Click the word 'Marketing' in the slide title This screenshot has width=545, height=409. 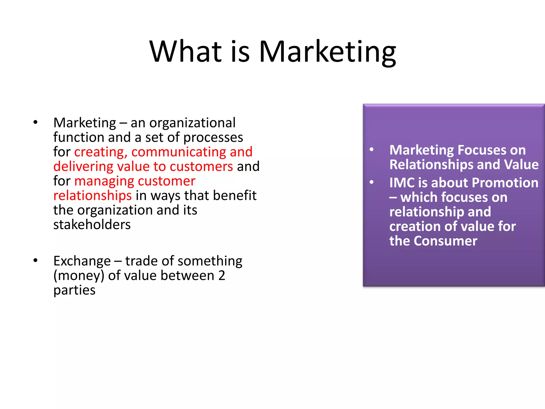coord(327,52)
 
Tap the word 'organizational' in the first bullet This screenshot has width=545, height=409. coord(192,123)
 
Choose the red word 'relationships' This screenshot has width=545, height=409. coord(92,196)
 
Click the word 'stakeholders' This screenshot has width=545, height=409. coord(92,225)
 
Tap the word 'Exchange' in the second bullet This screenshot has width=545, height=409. coord(82,261)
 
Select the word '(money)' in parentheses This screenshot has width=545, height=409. coord(79,276)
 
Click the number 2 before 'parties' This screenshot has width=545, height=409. coord(222,276)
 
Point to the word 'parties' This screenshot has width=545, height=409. coord(74,290)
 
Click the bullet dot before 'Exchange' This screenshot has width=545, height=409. coord(35,260)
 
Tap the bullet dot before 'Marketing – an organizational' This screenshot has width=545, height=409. coord(35,122)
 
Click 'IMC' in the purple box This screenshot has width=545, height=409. coord(402,183)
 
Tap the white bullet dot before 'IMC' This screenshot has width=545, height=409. coord(371,182)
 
